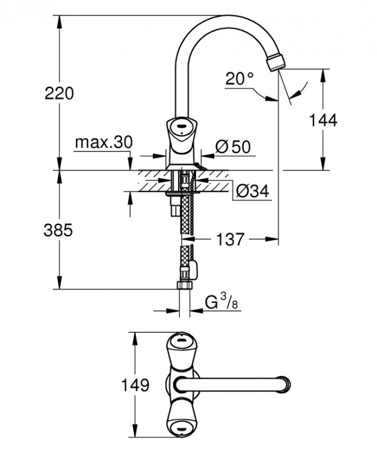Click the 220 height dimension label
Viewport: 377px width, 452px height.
59,93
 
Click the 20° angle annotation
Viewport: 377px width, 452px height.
240,79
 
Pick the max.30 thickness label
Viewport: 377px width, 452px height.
103,143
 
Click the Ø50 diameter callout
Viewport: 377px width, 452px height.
233,146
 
